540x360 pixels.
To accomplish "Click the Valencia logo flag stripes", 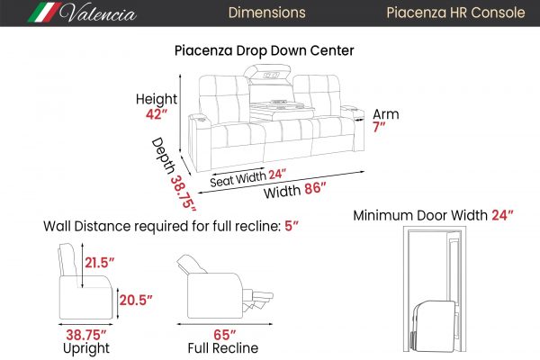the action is pos(44,13).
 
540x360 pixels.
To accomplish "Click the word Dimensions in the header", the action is pos(267,13).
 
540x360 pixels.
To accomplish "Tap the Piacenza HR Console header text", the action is pos(455,13).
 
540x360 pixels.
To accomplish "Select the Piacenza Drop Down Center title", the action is pos(264,50).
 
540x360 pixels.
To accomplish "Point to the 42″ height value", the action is pos(157,114).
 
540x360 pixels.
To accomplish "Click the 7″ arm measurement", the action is pos(379,127).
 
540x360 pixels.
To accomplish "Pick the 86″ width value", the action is pos(315,188).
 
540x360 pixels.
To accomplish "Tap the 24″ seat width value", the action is pos(277,175).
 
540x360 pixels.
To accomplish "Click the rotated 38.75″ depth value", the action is pos(183,193).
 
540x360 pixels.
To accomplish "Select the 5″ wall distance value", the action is pos(292,226).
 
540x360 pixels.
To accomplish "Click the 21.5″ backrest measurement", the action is pos(99,263).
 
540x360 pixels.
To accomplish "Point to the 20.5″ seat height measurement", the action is pos(136,300).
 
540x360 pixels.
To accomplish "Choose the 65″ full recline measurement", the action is pos(224,335).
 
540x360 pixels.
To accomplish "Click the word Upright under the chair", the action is pos(86,348).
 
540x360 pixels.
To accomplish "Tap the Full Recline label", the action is pos(223,348).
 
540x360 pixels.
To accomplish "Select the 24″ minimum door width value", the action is pos(502,215).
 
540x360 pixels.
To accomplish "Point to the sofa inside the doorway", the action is pos(435,326).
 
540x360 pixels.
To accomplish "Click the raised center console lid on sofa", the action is pos(267,73).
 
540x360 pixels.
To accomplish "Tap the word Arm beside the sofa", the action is pos(386,114).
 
